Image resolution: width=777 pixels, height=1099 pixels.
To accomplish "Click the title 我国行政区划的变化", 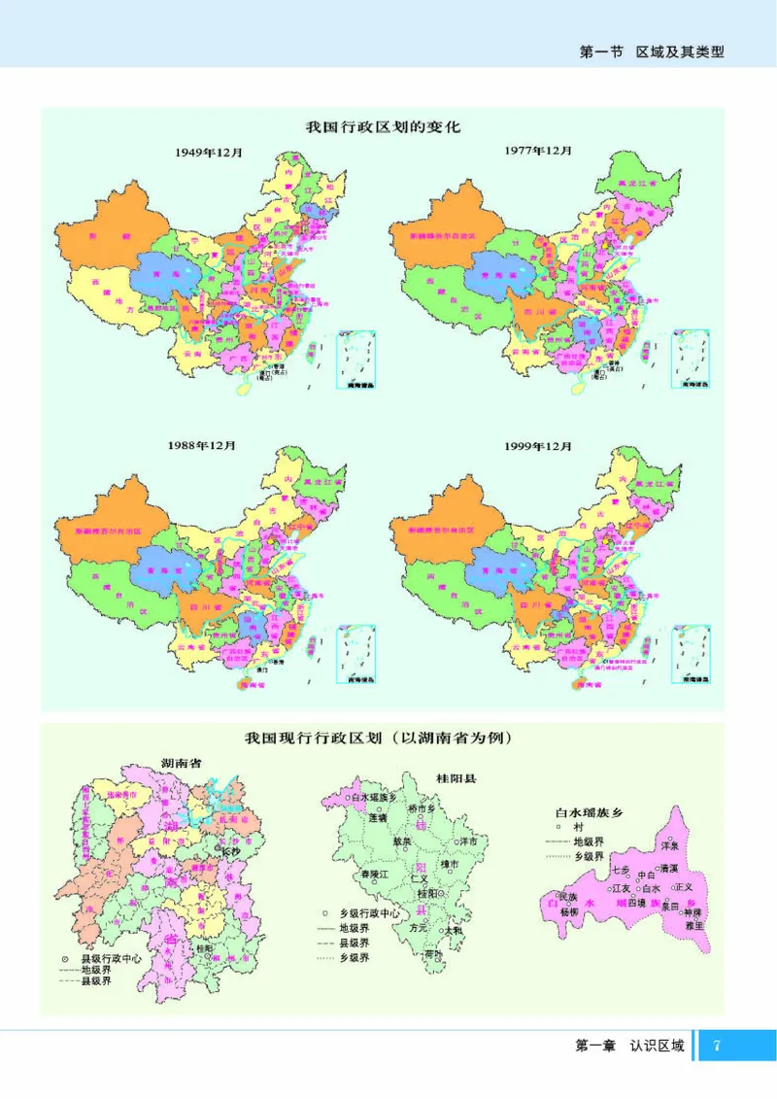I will (382, 126).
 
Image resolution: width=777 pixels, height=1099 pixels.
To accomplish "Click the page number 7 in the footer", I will (717, 1047).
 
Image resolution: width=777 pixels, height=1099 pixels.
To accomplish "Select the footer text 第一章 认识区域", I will (629, 1047).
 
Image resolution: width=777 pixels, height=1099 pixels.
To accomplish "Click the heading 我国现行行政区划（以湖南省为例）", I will (379, 738).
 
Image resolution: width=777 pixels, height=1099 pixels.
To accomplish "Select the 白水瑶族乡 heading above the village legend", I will (586, 809).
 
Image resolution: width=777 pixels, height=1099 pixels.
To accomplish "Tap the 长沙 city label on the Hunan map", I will (230, 851).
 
